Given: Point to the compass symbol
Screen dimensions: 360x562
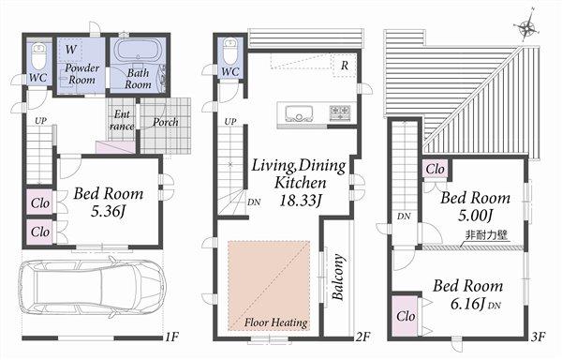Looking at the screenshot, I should pyautogui.click(x=528, y=26).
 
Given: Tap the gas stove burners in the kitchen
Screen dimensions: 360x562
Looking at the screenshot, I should pyautogui.click(x=338, y=113).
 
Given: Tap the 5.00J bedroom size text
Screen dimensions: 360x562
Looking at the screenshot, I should pyautogui.click(x=476, y=215).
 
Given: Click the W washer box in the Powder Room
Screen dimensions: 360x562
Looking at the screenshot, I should pyautogui.click(x=71, y=47).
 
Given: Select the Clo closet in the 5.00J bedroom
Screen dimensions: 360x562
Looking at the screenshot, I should pyautogui.click(x=434, y=170).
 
